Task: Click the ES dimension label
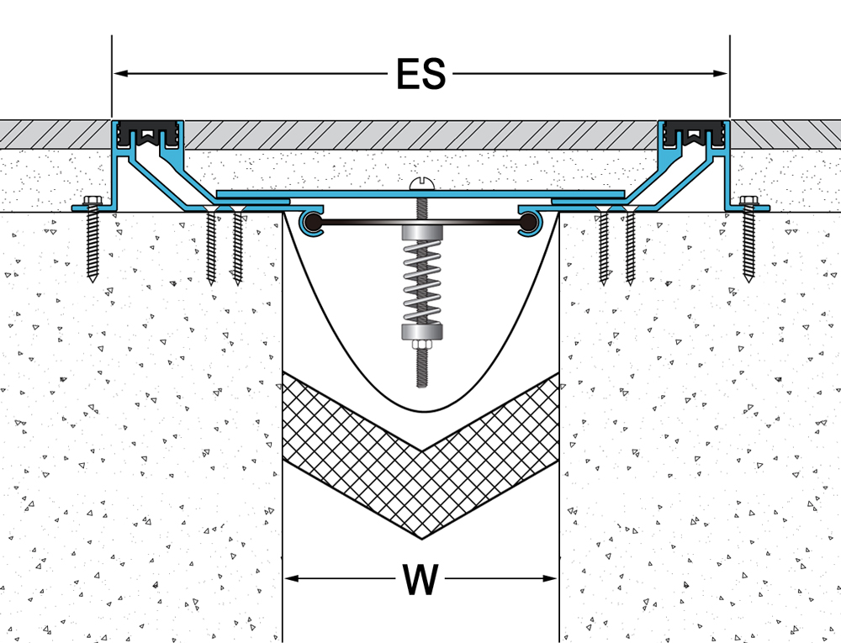click(x=420, y=75)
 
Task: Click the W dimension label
click(x=420, y=579)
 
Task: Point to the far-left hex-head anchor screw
click(x=91, y=235)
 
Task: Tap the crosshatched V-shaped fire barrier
click(x=420, y=471)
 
